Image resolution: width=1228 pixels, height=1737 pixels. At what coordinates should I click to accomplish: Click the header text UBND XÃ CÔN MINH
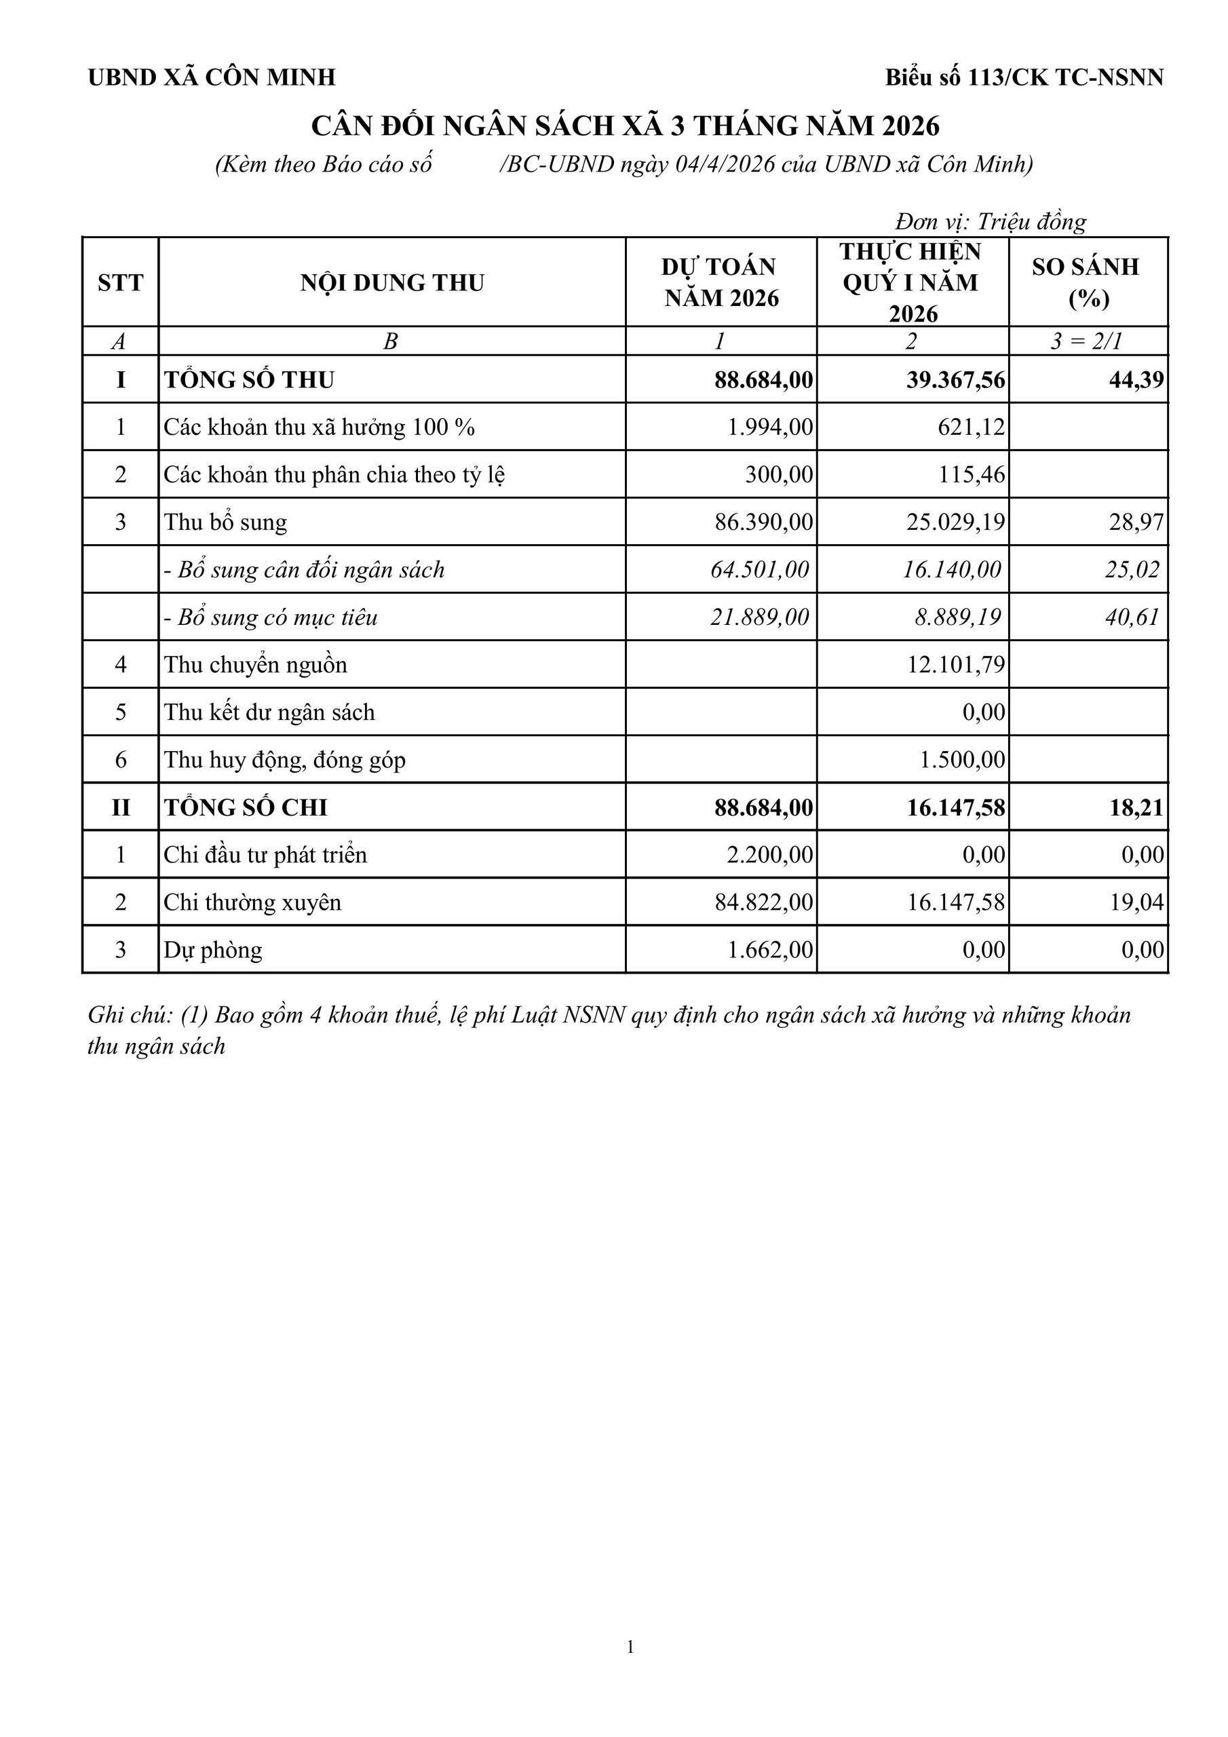tap(211, 77)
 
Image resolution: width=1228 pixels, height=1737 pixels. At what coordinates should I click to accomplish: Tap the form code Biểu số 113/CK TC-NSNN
tap(1024, 77)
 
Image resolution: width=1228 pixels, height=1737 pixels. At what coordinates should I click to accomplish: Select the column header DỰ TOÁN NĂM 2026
tap(721, 282)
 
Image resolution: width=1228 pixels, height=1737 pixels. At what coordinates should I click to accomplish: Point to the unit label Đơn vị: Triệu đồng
tap(991, 222)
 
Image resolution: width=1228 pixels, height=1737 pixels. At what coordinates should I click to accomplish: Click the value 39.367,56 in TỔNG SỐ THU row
tap(956, 380)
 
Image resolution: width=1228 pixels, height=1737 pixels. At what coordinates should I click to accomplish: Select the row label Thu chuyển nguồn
tap(256, 665)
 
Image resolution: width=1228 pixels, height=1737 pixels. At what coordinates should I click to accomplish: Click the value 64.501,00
tap(760, 570)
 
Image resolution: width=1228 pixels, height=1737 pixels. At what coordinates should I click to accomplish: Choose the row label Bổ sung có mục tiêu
tap(270, 617)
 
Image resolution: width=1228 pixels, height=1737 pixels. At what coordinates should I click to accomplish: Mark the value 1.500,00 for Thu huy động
tap(963, 759)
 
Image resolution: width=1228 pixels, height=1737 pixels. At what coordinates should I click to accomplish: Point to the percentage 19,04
tap(1136, 902)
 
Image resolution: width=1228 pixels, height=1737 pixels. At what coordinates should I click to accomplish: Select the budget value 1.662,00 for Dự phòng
tap(770, 950)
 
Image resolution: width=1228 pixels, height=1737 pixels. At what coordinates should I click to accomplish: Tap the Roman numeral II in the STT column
tap(120, 807)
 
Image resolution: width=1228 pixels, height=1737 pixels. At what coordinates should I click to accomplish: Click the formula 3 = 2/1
tap(1086, 341)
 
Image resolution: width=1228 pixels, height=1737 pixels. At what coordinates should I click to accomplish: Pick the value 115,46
tap(972, 475)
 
